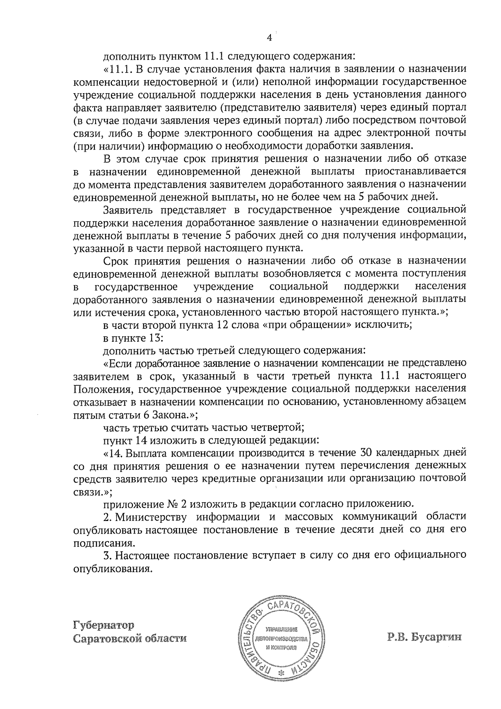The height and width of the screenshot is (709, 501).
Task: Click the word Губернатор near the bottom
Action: [x=104, y=625]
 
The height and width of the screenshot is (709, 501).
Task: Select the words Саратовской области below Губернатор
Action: [x=130, y=639]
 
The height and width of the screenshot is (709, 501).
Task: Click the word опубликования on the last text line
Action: [x=111, y=569]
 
